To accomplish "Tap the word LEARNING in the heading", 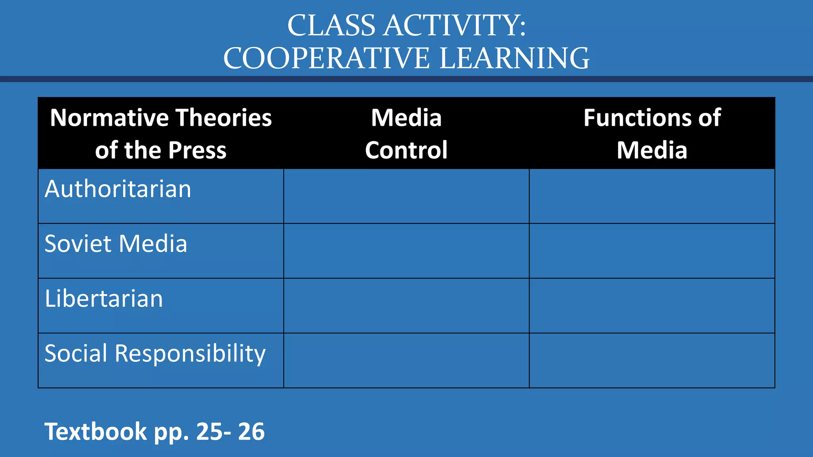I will click(514, 58).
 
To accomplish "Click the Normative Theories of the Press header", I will click(161, 134).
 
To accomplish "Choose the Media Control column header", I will click(406, 134).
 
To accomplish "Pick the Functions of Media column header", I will click(652, 134).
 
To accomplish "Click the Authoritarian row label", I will click(118, 189).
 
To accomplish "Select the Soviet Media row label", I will click(116, 244).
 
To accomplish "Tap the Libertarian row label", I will click(104, 298).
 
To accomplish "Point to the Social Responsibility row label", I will click(155, 353).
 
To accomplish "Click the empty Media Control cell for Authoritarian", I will click(406, 196).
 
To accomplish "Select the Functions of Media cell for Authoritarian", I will click(652, 196).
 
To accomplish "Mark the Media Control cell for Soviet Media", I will click(406, 251).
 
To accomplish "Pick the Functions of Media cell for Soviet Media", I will click(652, 251).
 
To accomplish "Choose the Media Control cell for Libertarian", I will click(406, 306).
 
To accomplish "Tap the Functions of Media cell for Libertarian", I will click(652, 306).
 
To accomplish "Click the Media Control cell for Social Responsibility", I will click(406, 361).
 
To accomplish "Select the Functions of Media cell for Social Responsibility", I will click(652, 361).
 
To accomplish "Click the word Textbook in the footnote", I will click(95, 431).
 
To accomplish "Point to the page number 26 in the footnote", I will click(251, 431).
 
